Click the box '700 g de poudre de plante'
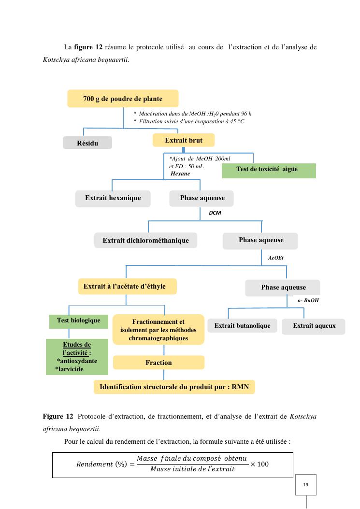coord(122,99)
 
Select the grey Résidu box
coord(87,143)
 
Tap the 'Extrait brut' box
coord(184,140)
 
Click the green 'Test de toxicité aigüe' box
coord(268,170)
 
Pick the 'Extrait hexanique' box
coord(113,198)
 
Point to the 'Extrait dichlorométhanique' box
coord(145,240)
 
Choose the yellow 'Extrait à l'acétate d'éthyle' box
coord(127,287)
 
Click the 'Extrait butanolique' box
coord(242,326)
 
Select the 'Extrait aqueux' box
coord(314,326)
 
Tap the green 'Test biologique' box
coord(79,321)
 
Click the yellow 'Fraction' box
coord(158,363)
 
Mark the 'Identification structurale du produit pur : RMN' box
coord(174,387)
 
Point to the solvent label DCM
coord(215,212)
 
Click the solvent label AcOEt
coord(275,258)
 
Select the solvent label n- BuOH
coord(308,300)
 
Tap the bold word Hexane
coord(180,174)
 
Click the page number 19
coord(306,484)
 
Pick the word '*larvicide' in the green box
coord(69,369)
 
